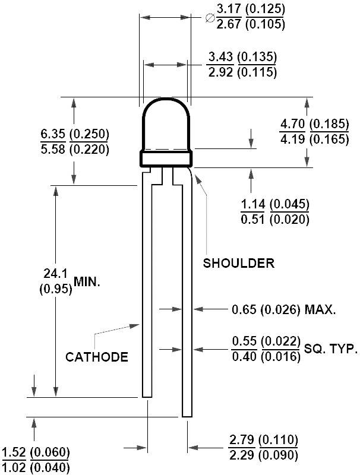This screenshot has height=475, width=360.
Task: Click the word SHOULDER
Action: pos(239,263)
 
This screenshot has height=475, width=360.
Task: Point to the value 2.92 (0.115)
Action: pos(242,72)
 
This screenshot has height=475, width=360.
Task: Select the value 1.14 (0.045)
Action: pos(275,205)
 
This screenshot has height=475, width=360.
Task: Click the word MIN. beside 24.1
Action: pos(87,282)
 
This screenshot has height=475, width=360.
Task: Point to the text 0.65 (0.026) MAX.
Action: pos(284,309)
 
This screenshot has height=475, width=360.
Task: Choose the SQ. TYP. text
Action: pos(331,349)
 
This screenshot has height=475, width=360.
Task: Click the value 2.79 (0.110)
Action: pos(263,441)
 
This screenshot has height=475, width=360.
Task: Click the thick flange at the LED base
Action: pos(167,159)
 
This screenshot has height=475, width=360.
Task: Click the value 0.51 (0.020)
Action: pos(275,219)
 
